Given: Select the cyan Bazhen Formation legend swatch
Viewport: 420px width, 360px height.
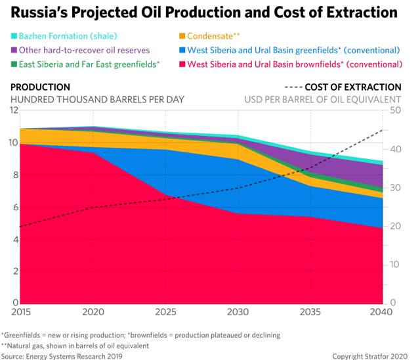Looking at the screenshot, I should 14,35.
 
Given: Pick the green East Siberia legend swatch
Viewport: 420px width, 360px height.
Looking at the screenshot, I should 14,64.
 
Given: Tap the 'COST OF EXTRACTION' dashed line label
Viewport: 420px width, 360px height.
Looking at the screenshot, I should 353,87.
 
